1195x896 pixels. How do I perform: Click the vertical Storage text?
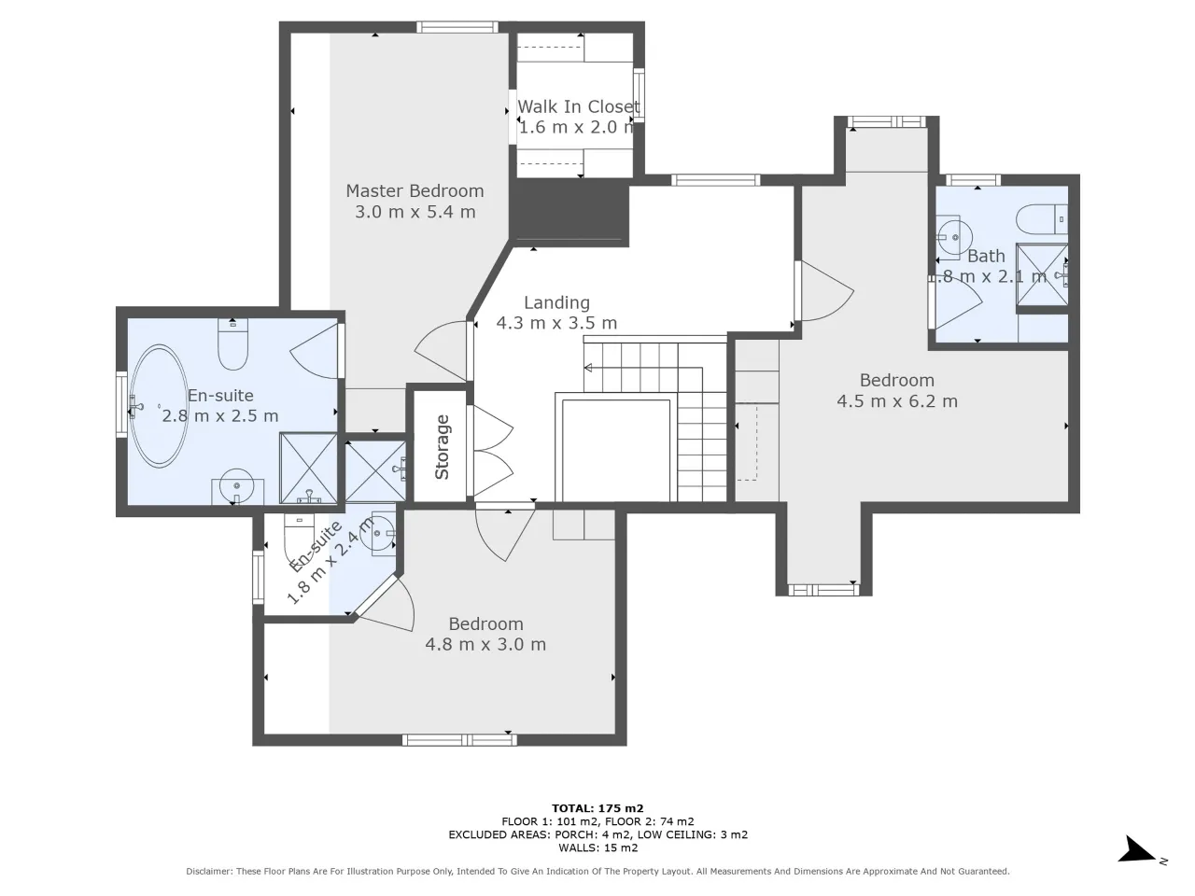click(443, 447)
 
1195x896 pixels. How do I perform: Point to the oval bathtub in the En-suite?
click(159, 406)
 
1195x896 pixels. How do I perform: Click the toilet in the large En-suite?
click(233, 344)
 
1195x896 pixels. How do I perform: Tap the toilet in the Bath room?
click(1042, 219)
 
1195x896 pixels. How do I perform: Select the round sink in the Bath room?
click(954, 237)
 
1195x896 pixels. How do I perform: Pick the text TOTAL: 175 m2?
click(597, 808)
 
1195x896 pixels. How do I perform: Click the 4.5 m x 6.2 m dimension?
click(896, 401)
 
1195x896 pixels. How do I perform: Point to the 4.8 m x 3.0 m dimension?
click(485, 644)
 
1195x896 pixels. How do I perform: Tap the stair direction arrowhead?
click(588, 369)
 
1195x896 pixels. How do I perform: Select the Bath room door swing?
click(958, 302)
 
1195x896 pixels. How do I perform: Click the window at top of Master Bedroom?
click(457, 27)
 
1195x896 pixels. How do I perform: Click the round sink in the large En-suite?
click(237, 486)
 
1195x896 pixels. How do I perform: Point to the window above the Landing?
click(715, 180)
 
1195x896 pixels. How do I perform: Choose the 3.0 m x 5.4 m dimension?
click(415, 212)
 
